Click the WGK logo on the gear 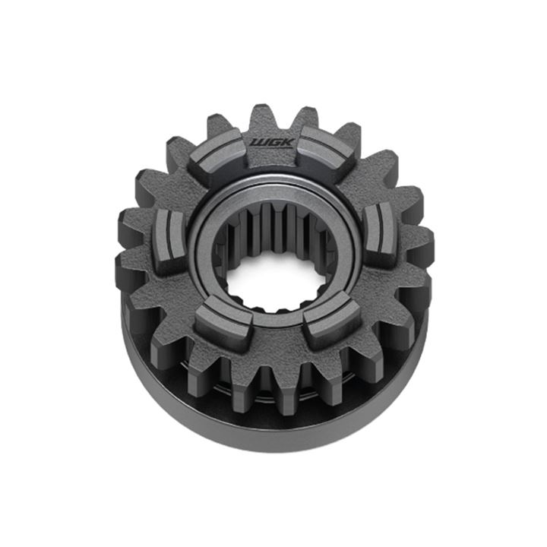273,143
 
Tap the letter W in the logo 259,143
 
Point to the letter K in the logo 288,142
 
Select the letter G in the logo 273,142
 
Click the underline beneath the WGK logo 272,147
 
